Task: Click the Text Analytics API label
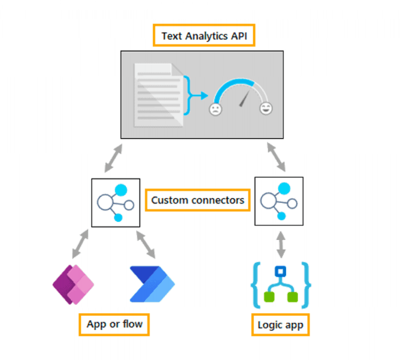click(x=204, y=36)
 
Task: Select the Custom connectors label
click(x=198, y=200)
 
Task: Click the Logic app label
click(x=280, y=324)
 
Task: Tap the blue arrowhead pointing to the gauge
click(x=204, y=96)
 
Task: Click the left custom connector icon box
click(x=116, y=203)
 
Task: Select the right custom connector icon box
click(x=279, y=201)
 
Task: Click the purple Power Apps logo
click(x=73, y=284)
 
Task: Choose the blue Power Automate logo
click(x=152, y=284)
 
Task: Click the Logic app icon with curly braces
click(x=281, y=284)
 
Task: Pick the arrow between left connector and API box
click(x=113, y=158)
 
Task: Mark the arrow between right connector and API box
click(x=276, y=158)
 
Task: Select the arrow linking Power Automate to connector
click(x=146, y=244)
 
